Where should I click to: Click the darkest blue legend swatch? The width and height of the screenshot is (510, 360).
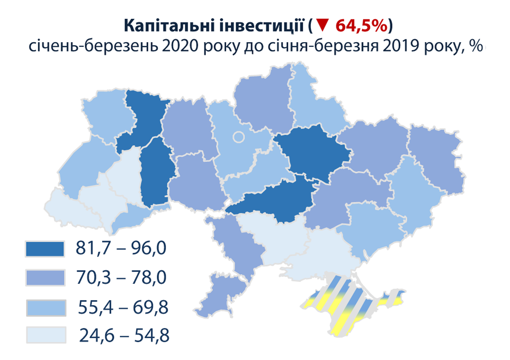(45, 249)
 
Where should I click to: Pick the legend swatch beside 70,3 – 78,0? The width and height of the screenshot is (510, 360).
(45, 278)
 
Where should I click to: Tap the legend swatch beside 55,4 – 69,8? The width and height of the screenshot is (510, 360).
(45, 307)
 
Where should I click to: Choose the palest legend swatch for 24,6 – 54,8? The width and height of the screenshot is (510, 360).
(45, 335)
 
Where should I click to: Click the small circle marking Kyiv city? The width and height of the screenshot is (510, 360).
(239, 137)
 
